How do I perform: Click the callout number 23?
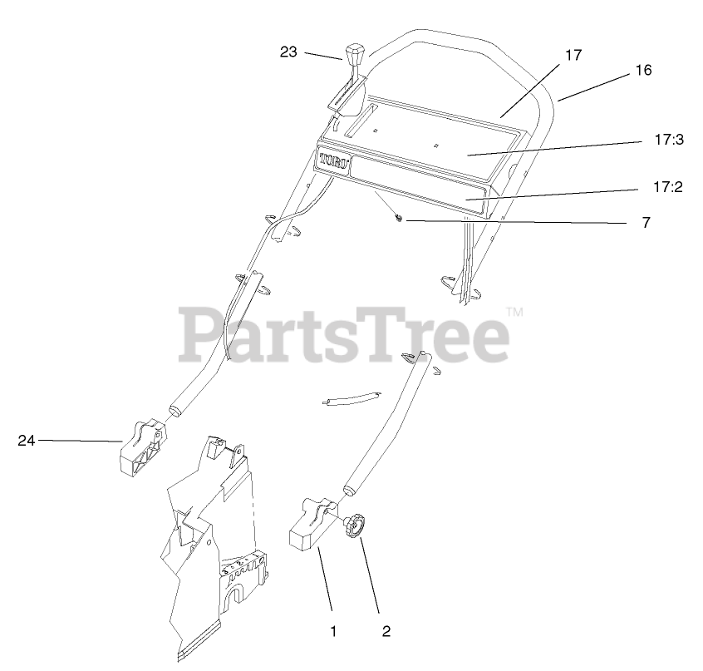click(x=288, y=51)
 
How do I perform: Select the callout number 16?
click(x=643, y=71)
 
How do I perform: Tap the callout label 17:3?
click(x=668, y=141)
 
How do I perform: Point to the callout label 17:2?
click(x=668, y=188)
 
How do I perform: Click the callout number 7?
click(x=646, y=223)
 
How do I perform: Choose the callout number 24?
click(x=27, y=441)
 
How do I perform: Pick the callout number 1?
click(x=333, y=631)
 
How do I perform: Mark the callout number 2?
click(x=386, y=631)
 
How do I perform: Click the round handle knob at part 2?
click(x=356, y=526)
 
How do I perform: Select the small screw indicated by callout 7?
click(x=399, y=219)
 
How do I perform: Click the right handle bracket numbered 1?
click(x=311, y=525)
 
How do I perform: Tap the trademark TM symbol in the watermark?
click(x=514, y=313)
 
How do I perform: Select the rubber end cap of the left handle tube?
click(x=177, y=409)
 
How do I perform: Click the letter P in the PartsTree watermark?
click(x=199, y=333)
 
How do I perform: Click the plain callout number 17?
click(x=573, y=55)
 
